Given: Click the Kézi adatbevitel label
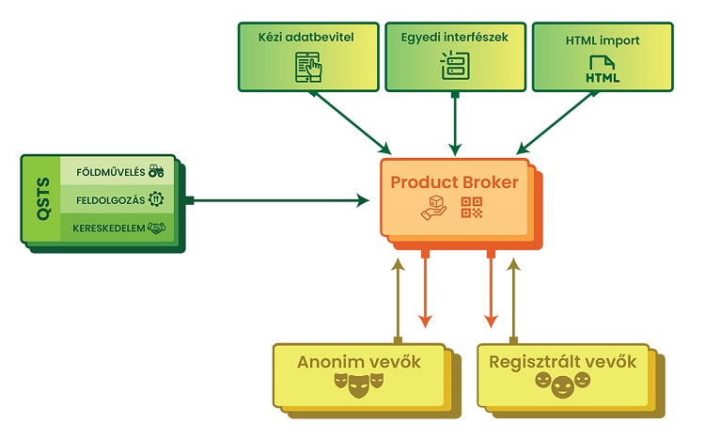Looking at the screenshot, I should [308, 39].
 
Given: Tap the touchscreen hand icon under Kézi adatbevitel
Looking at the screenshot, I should [308, 66].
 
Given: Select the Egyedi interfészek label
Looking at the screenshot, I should [455, 39].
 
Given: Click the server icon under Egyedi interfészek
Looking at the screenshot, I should [455, 66].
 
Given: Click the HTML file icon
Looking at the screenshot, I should [603, 69].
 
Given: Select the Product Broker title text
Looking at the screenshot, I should [455, 182].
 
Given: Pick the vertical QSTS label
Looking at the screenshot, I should [42, 199].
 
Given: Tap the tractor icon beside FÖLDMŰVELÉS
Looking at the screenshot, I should [156, 171].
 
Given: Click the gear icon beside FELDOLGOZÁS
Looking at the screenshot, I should [156, 199].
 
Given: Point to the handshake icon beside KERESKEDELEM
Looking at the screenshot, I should [156, 228].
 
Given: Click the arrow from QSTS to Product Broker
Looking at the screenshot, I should [282, 199].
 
